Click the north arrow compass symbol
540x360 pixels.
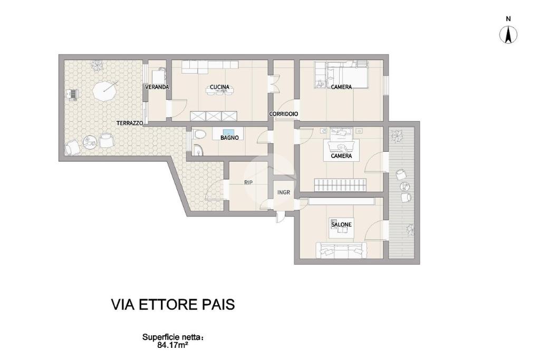point(508,35)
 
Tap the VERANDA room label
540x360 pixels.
point(157,87)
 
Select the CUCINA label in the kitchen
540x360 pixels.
point(219,87)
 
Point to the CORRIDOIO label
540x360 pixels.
point(283,114)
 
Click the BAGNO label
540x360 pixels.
point(229,138)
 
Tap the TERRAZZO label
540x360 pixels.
point(130,123)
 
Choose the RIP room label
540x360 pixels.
point(248,183)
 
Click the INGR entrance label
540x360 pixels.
point(284,193)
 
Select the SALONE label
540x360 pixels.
point(341,225)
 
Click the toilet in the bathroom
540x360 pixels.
point(198,134)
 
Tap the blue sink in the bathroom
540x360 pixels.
point(228,132)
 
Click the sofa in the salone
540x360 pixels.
point(341,250)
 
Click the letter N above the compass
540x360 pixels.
point(508,20)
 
